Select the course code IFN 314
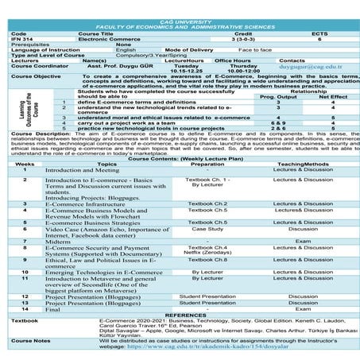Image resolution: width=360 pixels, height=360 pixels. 21,39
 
